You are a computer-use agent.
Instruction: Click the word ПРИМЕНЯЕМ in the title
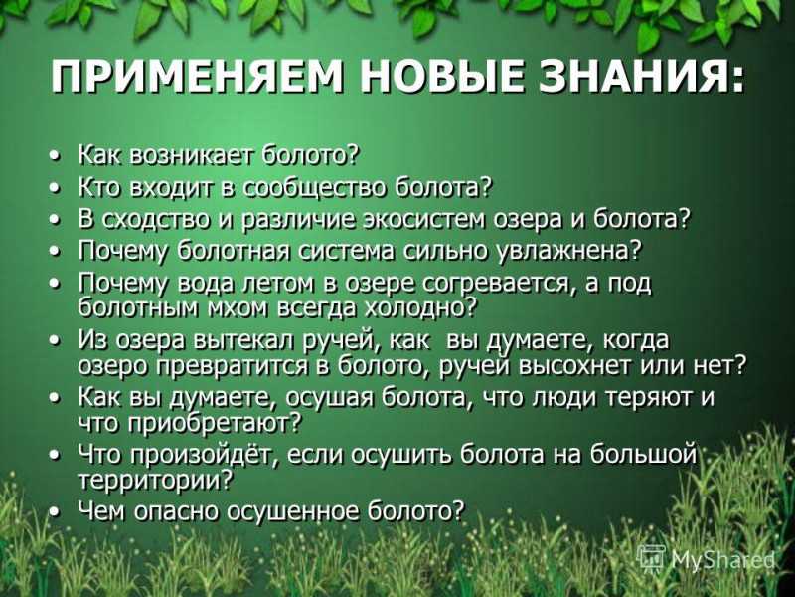(197, 77)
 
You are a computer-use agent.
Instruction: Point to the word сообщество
(314, 187)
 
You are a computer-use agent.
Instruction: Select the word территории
(155, 480)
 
